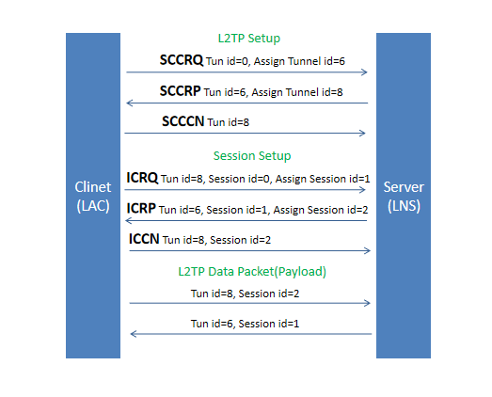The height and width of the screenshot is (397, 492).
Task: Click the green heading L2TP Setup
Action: tap(249, 39)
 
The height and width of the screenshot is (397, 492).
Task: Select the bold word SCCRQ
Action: tap(182, 60)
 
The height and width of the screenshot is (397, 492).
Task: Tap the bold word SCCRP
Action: tap(180, 91)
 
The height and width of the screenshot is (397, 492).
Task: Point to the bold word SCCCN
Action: tap(183, 121)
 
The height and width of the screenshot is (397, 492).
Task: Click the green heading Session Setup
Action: tap(252, 155)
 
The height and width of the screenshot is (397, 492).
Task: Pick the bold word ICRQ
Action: tap(142, 178)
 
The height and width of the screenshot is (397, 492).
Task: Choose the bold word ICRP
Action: tap(141, 209)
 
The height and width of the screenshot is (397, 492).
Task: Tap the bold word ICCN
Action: tap(144, 239)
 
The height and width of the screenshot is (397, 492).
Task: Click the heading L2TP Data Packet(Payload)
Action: tap(252, 272)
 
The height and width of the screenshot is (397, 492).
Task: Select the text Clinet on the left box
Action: tap(93, 187)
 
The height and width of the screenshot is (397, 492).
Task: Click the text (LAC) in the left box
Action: tap(93, 206)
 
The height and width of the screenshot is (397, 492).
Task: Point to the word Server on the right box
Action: tap(404, 187)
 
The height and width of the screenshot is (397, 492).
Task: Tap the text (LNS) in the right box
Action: tap(404, 206)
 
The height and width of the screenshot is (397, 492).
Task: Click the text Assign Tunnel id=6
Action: tap(299, 61)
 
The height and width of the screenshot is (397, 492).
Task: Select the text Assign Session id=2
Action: tap(321, 210)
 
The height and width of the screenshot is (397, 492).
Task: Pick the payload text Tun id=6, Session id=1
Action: tap(245, 324)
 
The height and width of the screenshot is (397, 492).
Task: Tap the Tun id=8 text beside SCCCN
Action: tap(228, 122)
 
